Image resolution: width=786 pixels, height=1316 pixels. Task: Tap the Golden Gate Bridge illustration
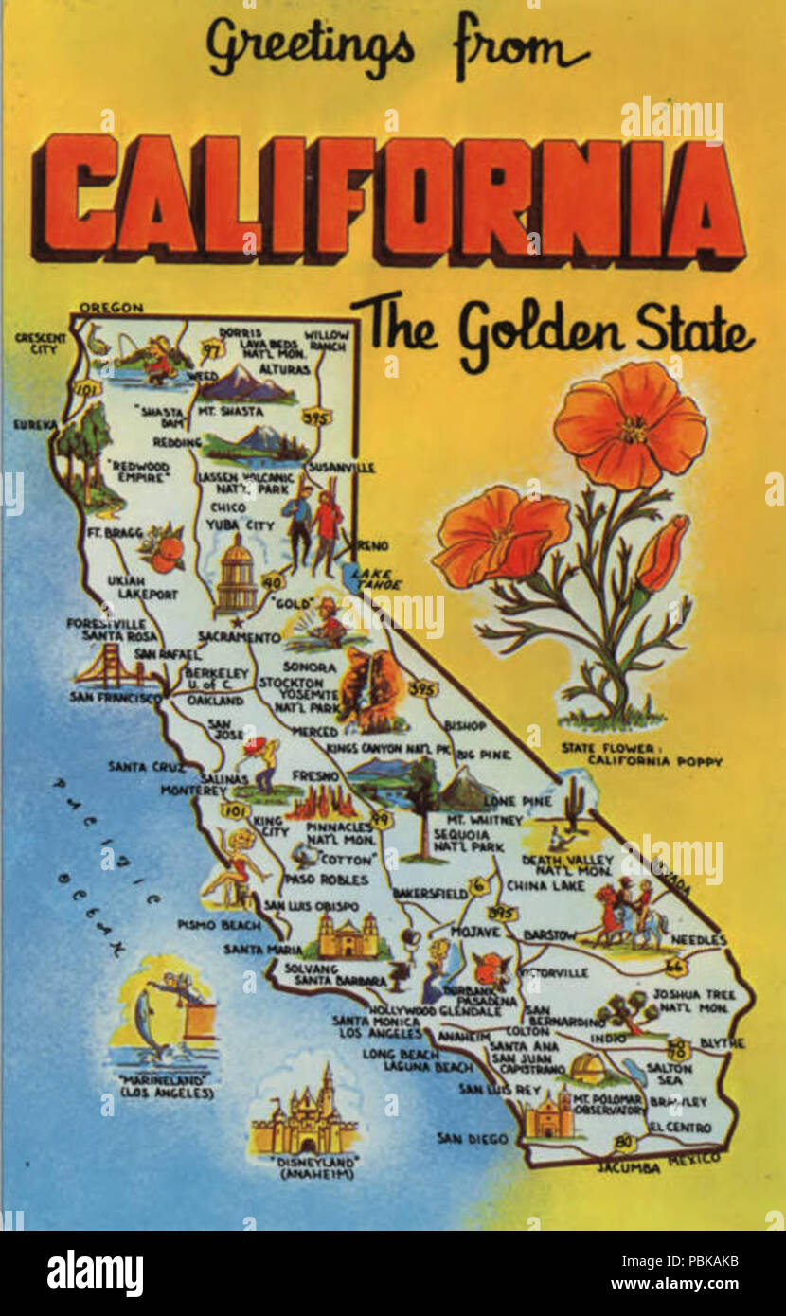(109, 668)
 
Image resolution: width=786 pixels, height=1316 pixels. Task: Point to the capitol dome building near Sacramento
(236, 573)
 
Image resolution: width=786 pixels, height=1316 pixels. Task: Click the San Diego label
(472, 1138)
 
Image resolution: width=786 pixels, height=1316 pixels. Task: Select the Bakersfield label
(429, 893)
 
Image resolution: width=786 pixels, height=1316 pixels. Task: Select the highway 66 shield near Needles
(676, 966)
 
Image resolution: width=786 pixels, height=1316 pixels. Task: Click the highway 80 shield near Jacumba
(622, 1144)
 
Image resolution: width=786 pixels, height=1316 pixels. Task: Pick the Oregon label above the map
(111, 308)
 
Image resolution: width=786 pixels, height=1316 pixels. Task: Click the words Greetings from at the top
(398, 47)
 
